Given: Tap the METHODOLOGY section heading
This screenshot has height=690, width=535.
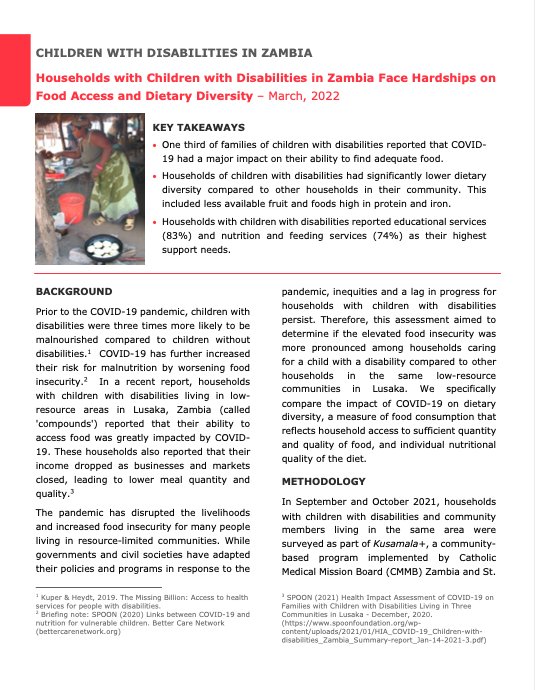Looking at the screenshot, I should (x=324, y=481).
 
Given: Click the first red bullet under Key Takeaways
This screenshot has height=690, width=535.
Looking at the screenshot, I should (x=154, y=146).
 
